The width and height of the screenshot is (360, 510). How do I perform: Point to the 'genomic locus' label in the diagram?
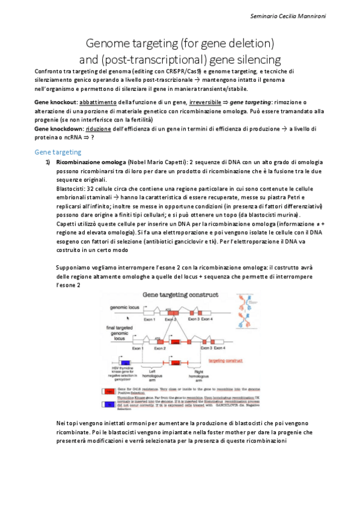[125, 307]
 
